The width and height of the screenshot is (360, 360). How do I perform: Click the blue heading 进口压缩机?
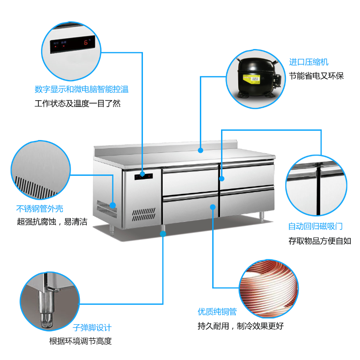(x=308, y=62)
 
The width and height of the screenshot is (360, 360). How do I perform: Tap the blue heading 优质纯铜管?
(x=217, y=312)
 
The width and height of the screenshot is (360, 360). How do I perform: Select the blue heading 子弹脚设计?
(x=92, y=328)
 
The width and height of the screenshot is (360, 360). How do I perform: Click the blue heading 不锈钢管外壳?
(x=40, y=208)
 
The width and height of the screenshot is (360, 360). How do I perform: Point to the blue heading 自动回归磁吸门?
(x=315, y=226)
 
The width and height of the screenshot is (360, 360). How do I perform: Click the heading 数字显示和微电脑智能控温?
(x=82, y=89)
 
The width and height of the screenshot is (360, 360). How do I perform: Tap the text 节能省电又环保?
(x=316, y=76)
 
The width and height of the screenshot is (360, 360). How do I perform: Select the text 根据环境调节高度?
(x=80, y=341)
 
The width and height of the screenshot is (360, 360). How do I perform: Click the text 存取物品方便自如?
(x=320, y=241)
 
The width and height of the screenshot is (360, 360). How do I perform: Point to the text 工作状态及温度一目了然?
(x=78, y=103)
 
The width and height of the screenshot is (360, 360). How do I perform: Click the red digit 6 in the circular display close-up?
(x=86, y=42)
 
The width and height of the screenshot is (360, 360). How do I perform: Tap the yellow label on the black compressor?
(x=251, y=79)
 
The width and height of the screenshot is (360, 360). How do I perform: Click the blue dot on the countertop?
(x=200, y=150)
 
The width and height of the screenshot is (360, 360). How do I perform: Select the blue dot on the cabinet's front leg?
(x=163, y=234)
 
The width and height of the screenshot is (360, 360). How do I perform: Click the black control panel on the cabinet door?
(x=144, y=177)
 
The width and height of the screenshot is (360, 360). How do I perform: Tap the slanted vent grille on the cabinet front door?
(x=144, y=215)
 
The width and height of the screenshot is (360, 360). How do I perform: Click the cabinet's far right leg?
(x=262, y=217)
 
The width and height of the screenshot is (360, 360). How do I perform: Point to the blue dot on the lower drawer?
(x=213, y=207)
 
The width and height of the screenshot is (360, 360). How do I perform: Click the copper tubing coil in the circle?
(x=269, y=289)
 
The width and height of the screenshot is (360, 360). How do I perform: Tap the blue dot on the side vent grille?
(x=112, y=205)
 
